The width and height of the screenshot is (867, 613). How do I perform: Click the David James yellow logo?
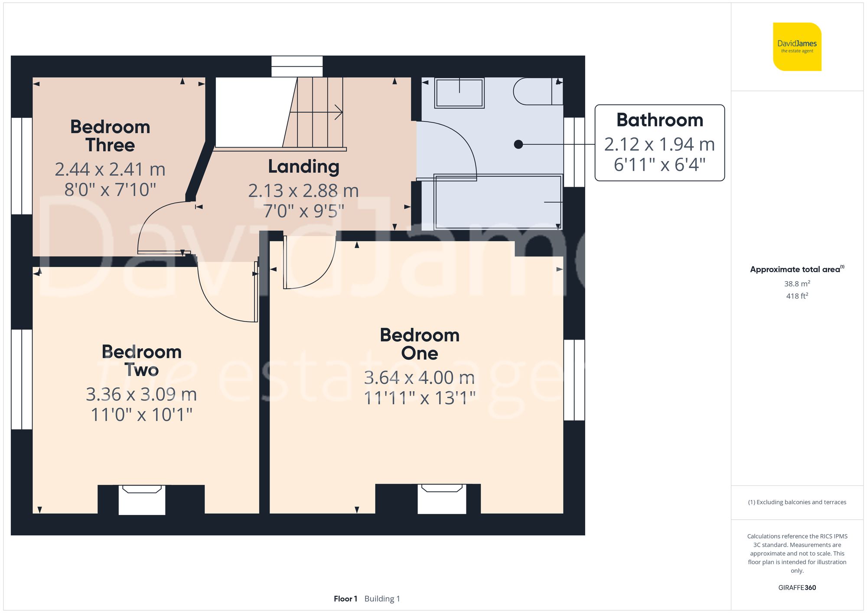[797, 47]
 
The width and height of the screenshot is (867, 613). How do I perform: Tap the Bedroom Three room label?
[110, 136]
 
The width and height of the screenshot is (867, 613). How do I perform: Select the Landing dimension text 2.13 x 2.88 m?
[303, 191]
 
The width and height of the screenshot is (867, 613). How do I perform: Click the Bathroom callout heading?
[659, 120]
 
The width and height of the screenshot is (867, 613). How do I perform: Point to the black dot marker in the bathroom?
[518, 144]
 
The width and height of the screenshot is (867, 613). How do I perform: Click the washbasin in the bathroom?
[459, 93]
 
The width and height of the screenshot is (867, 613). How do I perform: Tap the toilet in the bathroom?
[538, 91]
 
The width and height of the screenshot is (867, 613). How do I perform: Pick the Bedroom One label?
[419, 344]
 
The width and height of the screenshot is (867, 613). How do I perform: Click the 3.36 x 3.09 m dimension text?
[141, 394]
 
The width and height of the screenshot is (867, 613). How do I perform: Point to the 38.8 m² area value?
[797, 284]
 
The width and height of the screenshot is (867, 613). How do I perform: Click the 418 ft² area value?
[797, 296]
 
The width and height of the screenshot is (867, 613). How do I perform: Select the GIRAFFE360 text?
[797, 587]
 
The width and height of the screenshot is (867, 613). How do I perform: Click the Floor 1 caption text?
[345, 599]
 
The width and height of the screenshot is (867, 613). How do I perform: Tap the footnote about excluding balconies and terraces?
[797, 502]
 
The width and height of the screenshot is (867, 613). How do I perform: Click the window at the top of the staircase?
[297, 66]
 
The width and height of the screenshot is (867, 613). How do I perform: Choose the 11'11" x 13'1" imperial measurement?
[419, 398]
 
